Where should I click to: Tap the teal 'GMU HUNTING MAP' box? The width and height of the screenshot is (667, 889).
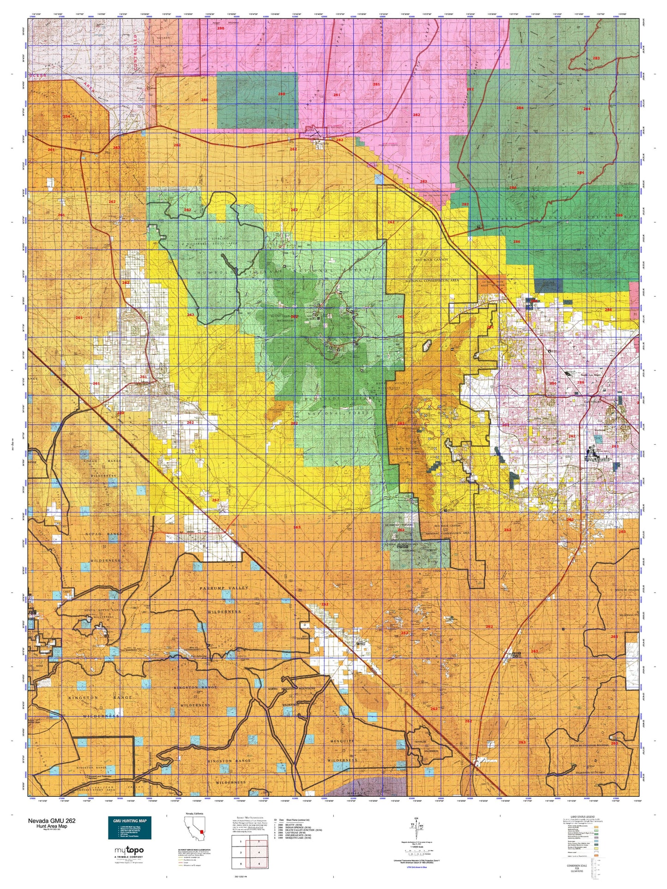[x=129, y=828]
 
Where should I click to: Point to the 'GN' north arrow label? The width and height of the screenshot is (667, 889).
[x=417, y=818]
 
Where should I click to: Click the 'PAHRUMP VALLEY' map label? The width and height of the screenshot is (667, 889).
[x=224, y=588]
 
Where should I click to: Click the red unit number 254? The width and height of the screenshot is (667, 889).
[x=66, y=116]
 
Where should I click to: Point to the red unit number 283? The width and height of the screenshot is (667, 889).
[x=596, y=58]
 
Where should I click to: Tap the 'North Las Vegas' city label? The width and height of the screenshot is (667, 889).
[x=590, y=375]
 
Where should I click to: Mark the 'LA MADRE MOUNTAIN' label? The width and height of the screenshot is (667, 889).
[x=389, y=383]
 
